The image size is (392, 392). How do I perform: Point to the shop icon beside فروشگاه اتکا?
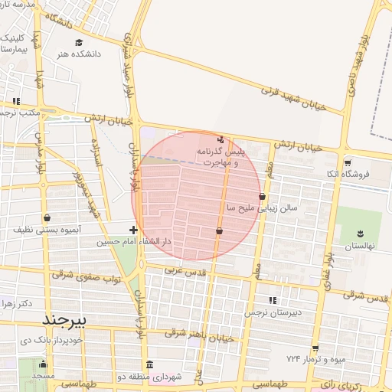point(348,162)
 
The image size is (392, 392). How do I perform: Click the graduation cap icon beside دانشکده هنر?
point(60,54)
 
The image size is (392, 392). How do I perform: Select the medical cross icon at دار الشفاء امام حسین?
point(134,229)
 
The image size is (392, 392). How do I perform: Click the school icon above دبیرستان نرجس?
point(273,300)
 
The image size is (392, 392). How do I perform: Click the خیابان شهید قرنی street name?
point(294,99)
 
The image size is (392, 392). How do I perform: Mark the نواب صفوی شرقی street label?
point(86,279)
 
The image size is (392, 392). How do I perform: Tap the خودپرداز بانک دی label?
point(30,338)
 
